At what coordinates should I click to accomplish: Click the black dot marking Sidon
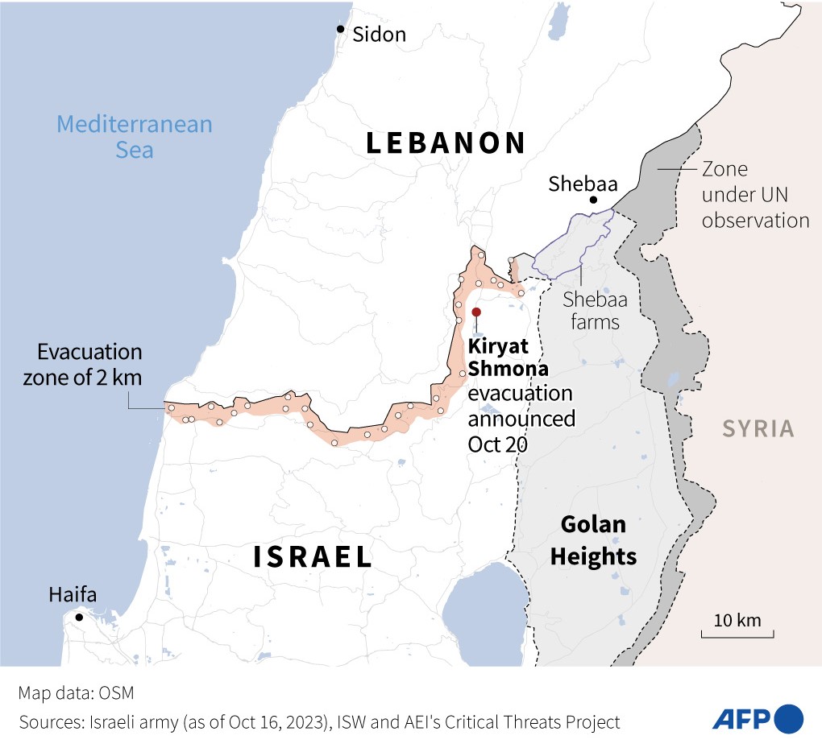coord(341,30)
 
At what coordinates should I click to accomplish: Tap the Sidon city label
coord(379,35)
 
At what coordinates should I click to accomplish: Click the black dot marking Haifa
coord(79,618)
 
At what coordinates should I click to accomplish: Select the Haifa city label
coord(73,596)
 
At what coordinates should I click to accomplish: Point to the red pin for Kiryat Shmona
coord(476,312)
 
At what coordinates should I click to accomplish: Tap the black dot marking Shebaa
coord(593,200)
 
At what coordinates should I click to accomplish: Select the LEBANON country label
coord(446,143)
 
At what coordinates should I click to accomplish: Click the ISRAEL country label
coord(313,557)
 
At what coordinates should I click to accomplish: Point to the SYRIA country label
coord(758,429)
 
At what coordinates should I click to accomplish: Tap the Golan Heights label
coord(594,541)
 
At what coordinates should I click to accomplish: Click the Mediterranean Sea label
coord(134,137)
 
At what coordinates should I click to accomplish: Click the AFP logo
coord(757,717)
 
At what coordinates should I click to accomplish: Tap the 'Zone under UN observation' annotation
coord(755,195)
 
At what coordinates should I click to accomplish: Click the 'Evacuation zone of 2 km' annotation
coord(89,365)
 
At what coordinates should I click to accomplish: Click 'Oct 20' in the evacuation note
coord(497,444)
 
